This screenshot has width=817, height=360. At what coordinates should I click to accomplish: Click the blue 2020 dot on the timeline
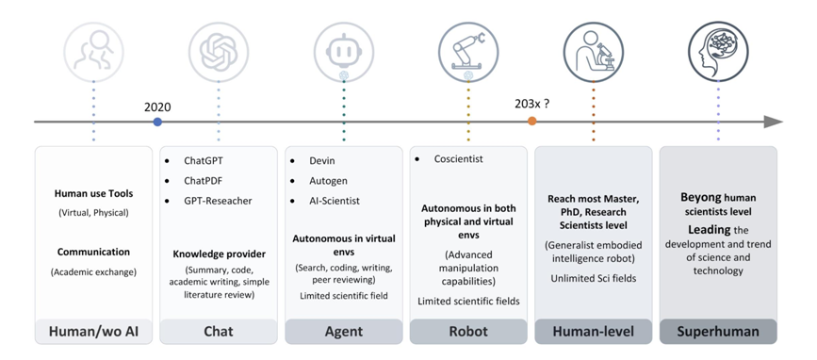click(x=157, y=122)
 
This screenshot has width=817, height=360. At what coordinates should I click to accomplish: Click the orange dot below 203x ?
click(x=531, y=121)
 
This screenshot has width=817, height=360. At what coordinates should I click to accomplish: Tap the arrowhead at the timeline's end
click(x=774, y=122)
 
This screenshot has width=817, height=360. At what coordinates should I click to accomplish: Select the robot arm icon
click(x=468, y=52)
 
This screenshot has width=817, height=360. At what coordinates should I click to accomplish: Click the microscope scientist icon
click(x=594, y=52)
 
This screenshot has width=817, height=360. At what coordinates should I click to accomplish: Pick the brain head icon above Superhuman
click(x=718, y=52)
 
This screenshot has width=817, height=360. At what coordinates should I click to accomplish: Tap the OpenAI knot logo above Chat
click(x=219, y=52)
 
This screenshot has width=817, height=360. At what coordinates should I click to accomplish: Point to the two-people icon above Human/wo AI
click(x=94, y=52)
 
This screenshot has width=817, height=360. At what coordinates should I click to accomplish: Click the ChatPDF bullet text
click(x=204, y=181)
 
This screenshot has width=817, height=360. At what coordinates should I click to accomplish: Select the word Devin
click(x=322, y=161)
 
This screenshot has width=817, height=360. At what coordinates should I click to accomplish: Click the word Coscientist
click(x=459, y=159)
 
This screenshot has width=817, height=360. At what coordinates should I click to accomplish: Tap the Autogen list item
click(x=328, y=181)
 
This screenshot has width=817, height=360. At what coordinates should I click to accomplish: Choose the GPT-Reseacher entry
click(x=218, y=201)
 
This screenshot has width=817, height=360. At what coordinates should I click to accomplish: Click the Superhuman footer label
click(x=718, y=332)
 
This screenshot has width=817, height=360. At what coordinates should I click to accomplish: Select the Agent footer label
click(x=344, y=332)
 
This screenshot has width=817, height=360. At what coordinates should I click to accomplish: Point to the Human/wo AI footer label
click(x=94, y=332)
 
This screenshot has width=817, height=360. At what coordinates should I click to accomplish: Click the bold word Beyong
click(x=701, y=198)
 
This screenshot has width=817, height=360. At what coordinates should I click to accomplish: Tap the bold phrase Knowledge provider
click(x=220, y=254)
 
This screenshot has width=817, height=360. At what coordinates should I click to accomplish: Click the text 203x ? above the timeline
click(x=532, y=103)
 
